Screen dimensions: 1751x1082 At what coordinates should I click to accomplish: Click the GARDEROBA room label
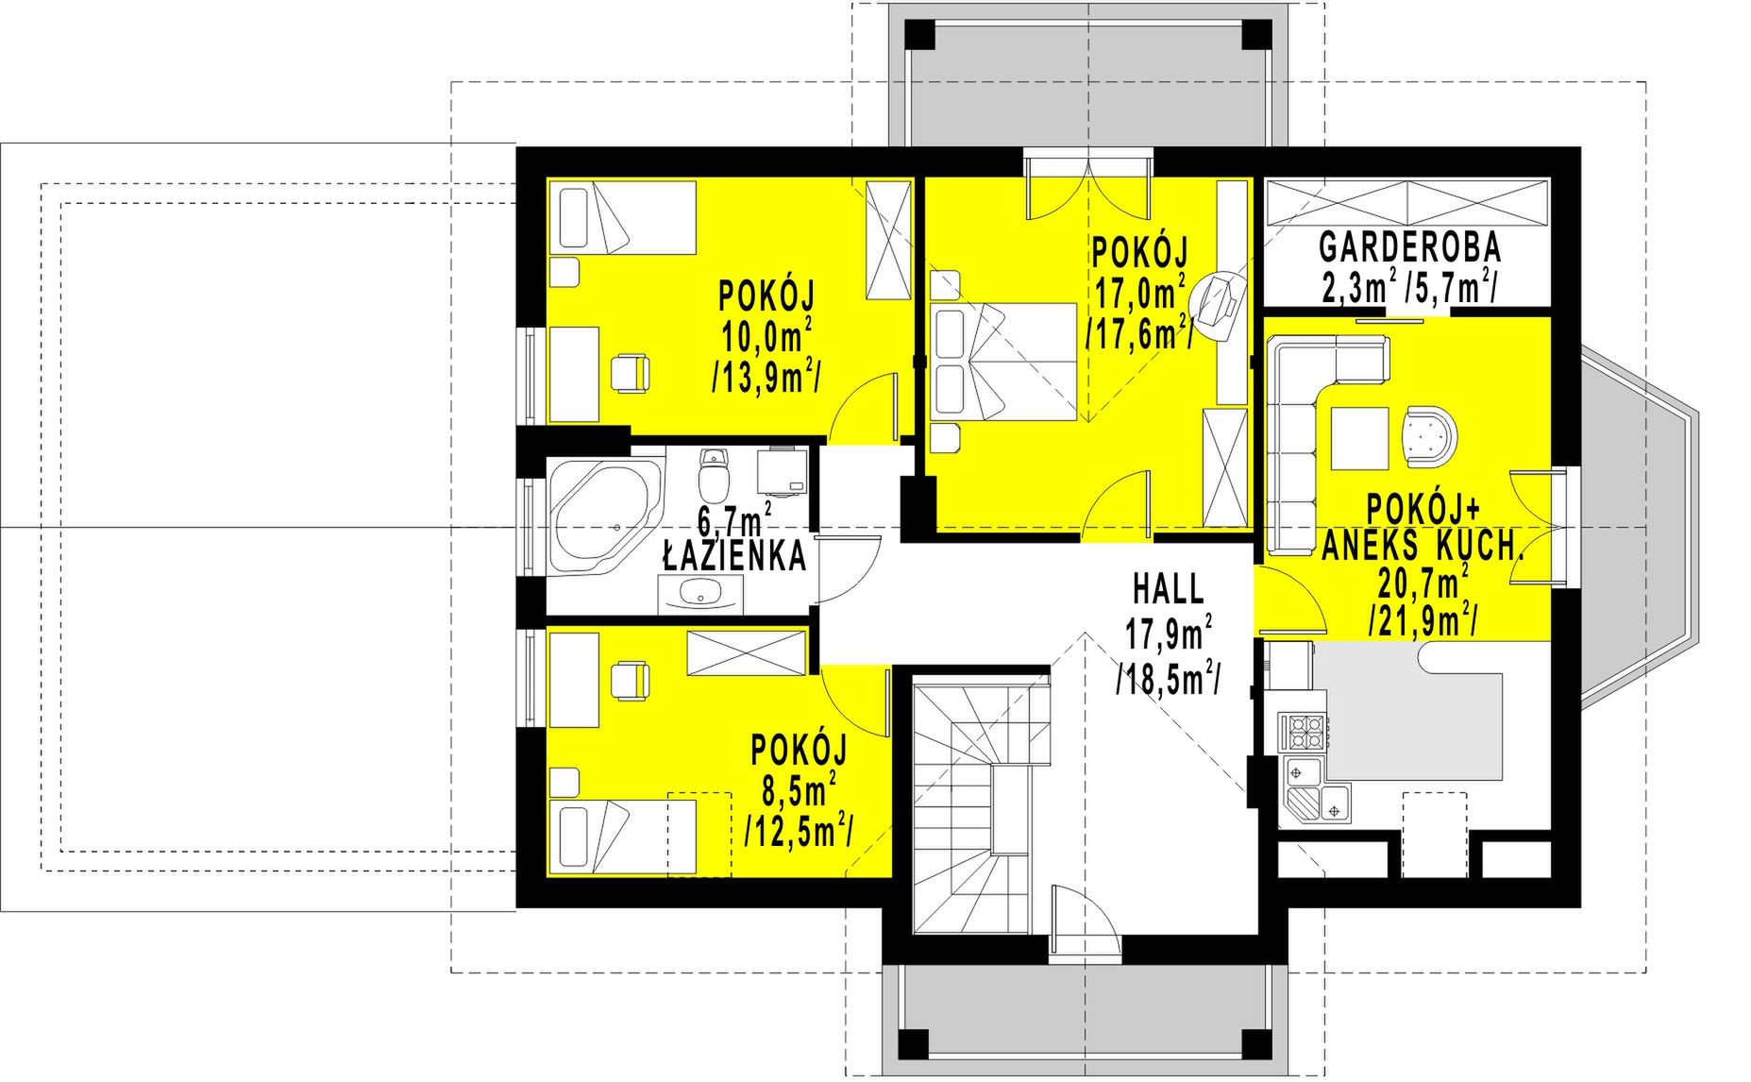(x=1409, y=247)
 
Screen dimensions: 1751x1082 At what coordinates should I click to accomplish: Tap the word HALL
(x=1169, y=589)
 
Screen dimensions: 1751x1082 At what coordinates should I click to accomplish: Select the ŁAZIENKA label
(x=734, y=556)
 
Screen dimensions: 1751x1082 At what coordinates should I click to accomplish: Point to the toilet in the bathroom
(x=714, y=474)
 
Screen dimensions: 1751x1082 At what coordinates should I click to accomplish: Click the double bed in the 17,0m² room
(x=1002, y=361)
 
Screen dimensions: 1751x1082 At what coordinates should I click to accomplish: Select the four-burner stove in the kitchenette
(x=1304, y=731)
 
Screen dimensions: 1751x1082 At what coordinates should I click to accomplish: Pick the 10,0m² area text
(x=766, y=336)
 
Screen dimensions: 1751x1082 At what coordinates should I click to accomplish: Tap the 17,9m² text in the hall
(x=1169, y=633)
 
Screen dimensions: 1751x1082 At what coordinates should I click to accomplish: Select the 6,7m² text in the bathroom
(x=735, y=519)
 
